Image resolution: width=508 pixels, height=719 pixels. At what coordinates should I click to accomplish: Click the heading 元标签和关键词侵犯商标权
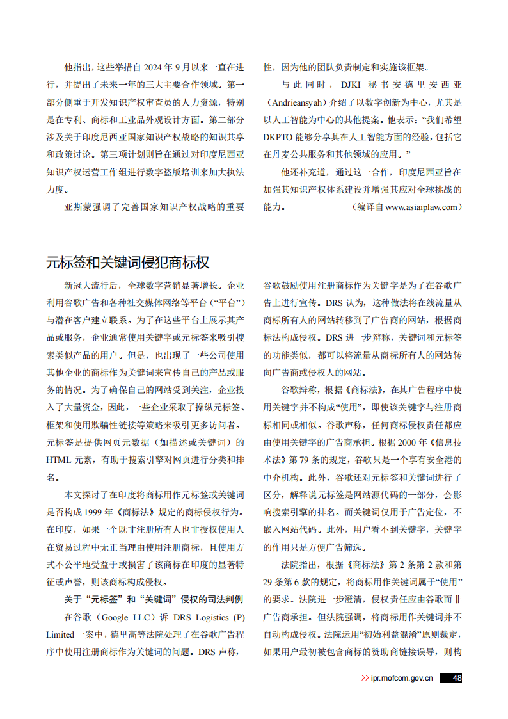[127, 262]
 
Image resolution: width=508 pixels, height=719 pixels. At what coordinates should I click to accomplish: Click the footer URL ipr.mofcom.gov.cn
[402, 678]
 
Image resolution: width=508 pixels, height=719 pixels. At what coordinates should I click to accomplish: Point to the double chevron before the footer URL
[365, 678]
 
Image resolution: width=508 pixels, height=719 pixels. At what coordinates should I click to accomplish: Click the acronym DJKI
[353, 85]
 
